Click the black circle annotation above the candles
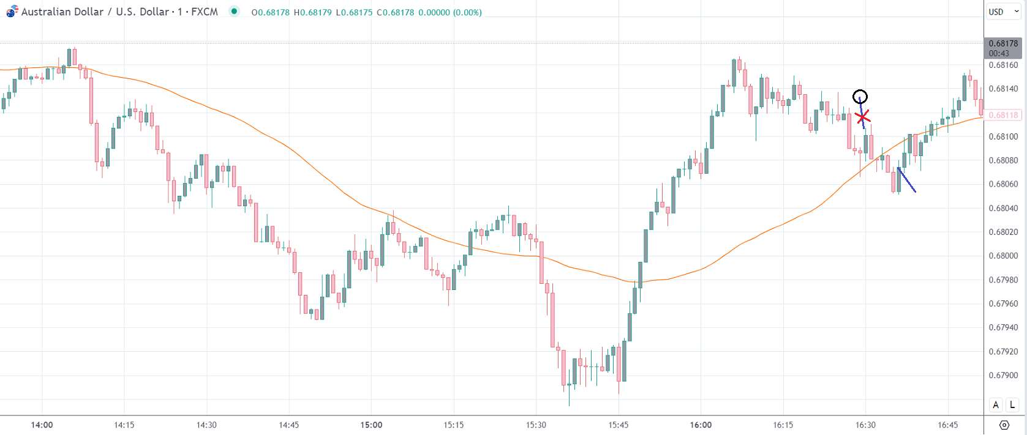860,97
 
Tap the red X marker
862,116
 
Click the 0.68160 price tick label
1003,65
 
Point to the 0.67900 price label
1003,375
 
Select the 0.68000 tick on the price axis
1003,256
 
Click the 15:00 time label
371,425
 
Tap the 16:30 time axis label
865,425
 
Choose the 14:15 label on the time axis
124,425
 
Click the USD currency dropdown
1003,12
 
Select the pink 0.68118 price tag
1003,115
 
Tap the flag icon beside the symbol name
12,12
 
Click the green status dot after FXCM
234,11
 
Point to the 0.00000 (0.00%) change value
450,12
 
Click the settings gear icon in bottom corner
1004,425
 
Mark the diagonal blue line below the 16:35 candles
907,180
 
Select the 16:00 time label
701,425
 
